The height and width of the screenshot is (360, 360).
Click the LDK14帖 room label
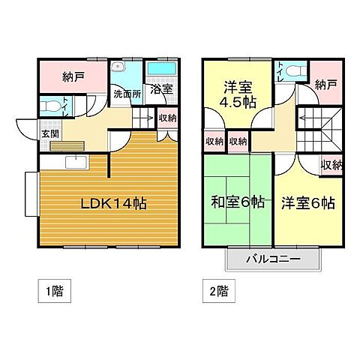[x=112, y=202]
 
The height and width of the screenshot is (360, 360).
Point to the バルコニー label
[x=274, y=259]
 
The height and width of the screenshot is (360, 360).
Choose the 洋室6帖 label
[x=307, y=202]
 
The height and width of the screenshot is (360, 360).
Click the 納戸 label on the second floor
[x=325, y=85]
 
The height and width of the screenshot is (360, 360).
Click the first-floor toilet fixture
[x=49, y=107]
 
